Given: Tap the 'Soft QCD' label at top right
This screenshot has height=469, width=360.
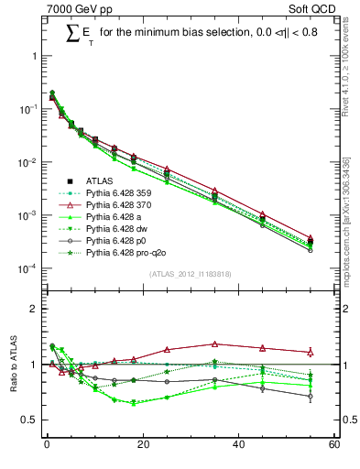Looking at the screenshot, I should click(309, 8).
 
